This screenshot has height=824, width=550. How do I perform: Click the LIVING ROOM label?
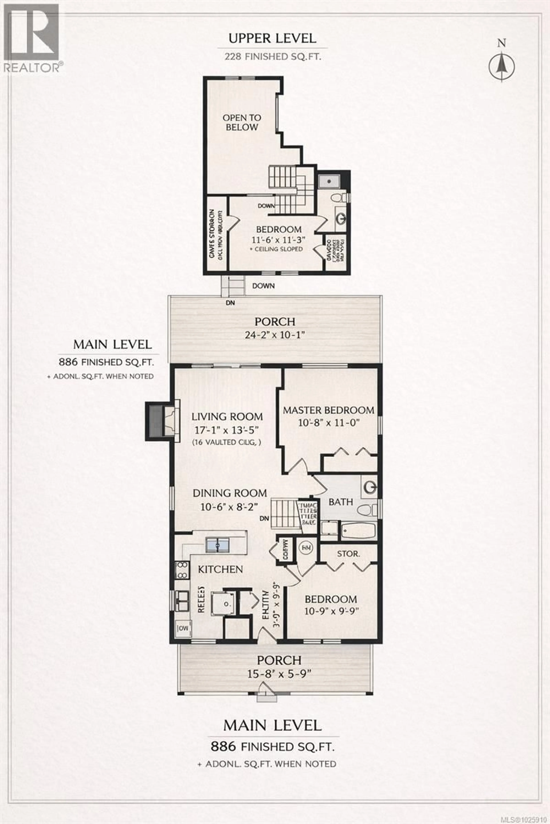pyautogui.click(x=227, y=417)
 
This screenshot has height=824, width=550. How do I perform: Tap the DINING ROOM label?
pyautogui.click(x=230, y=493)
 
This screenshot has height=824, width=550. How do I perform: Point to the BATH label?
pyautogui.click(x=341, y=502)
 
